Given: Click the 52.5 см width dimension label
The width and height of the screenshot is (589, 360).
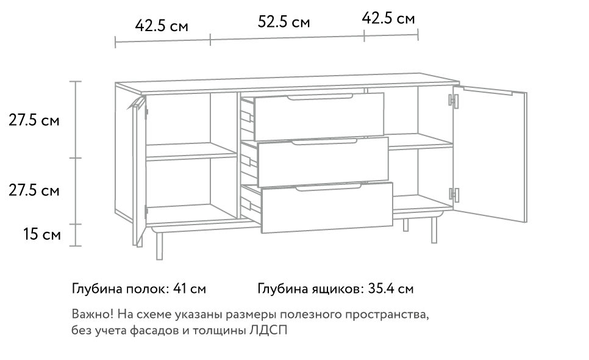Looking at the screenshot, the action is pyautogui.click(x=284, y=22).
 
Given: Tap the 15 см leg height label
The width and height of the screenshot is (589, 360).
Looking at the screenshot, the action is pyautogui.click(x=42, y=234).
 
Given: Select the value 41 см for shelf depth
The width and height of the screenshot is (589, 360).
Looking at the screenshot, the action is pyautogui.click(x=189, y=289).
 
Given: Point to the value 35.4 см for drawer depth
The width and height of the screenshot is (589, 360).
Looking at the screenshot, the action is pyautogui.click(x=391, y=289).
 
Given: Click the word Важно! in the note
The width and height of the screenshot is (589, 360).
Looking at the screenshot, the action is pyautogui.click(x=93, y=314).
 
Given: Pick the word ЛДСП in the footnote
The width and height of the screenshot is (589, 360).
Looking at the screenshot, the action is pyautogui.click(x=268, y=330).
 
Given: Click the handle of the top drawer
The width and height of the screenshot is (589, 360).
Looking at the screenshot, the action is pyautogui.click(x=320, y=98).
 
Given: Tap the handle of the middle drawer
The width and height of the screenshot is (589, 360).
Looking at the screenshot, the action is pyautogui.click(x=324, y=142).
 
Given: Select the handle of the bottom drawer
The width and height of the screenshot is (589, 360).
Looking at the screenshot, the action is pyautogui.click(x=328, y=187).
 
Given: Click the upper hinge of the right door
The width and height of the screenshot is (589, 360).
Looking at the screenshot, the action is pyautogui.click(x=454, y=101).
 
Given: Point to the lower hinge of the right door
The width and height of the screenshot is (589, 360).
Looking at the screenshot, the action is pyautogui.click(x=454, y=194).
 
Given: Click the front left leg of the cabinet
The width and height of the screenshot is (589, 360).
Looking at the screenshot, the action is pyautogui.click(x=160, y=246).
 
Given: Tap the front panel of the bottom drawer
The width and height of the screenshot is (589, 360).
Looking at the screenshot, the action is pyautogui.click(x=327, y=207).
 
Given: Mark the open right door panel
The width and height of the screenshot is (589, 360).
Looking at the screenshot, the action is pyautogui.click(x=490, y=154).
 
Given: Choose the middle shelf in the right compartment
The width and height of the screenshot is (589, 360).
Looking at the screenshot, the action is pyautogui.click(x=421, y=142).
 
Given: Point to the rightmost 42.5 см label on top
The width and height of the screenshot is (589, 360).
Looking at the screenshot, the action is pyautogui.click(x=388, y=18).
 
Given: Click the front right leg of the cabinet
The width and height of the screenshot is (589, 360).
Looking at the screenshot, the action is pyautogui.click(x=434, y=230).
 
